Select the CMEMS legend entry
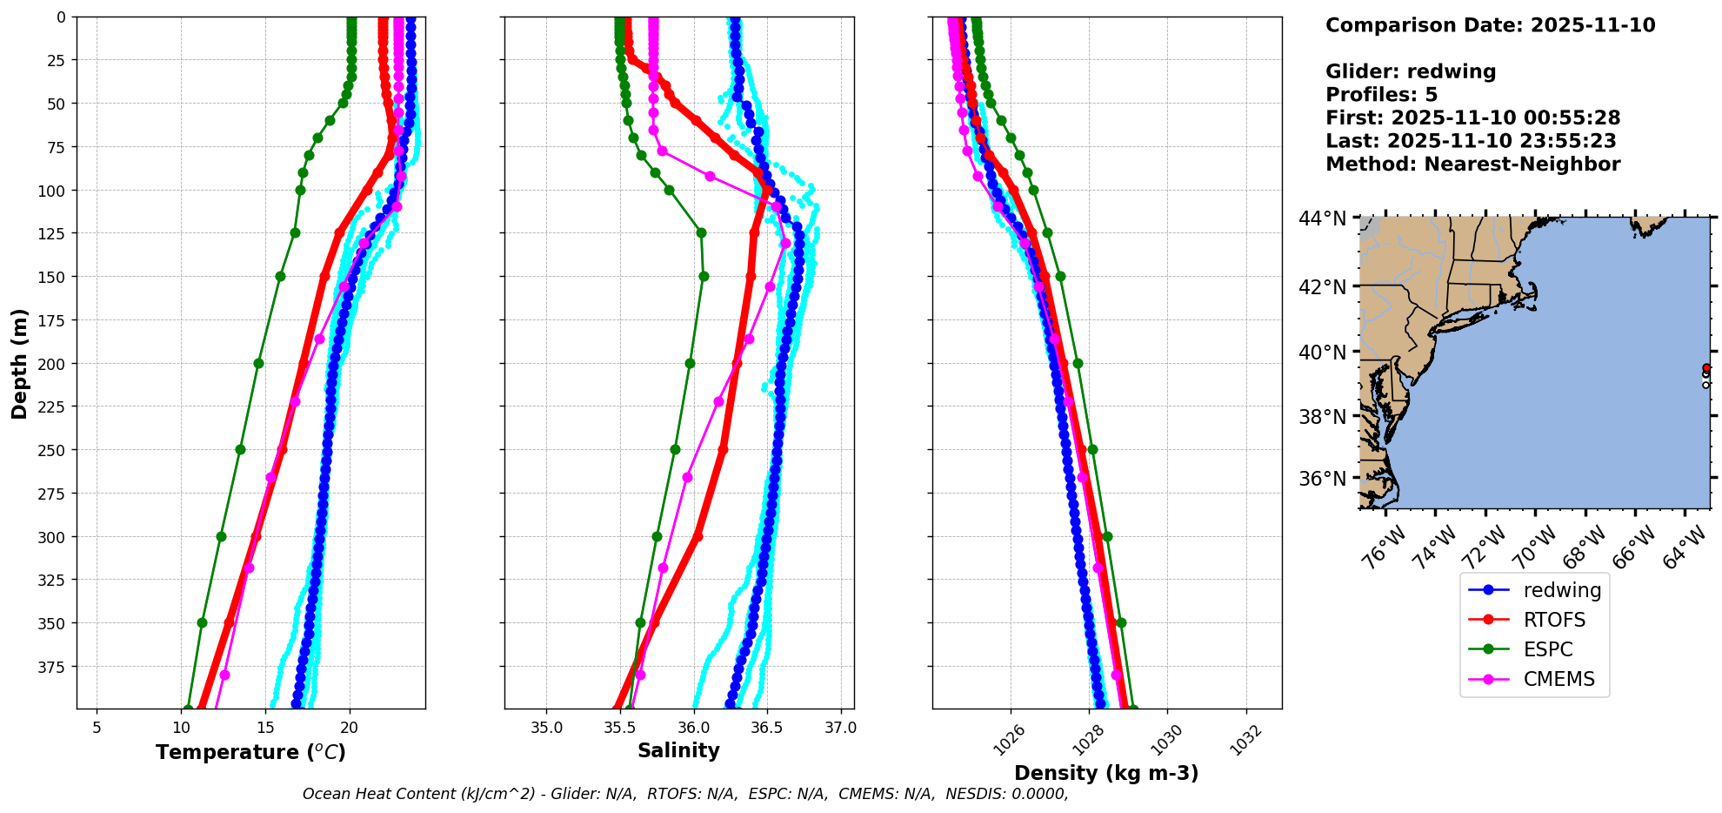pos(1558,679)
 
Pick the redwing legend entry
pos(1562,590)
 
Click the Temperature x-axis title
pos(250,752)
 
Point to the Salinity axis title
pos(678,750)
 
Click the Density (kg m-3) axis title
pos(1106,773)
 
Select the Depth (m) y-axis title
pos(19,363)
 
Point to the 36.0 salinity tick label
pos(693,728)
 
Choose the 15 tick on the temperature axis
pos(266,728)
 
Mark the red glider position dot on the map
pos(1705,367)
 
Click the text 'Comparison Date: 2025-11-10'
pos(1490,25)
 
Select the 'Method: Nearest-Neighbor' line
pos(1472,165)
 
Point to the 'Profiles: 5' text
pos(1381,95)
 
